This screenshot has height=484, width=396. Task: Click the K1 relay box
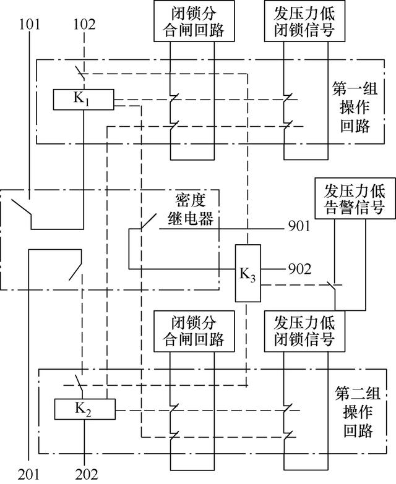click(84, 100)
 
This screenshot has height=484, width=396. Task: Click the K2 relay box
click(85, 409)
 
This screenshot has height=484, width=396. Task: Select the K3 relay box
click(248, 273)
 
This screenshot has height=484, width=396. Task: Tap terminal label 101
click(30, 24)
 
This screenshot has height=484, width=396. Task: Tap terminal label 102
click(84, 24)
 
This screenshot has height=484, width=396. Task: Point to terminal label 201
click(28, 475)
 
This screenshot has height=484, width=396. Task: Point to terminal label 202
click(87, 475)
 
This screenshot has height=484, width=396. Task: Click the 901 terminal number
click(299, 226)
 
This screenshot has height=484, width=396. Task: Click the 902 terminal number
click(299, 269)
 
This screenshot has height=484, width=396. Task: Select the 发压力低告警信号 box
click(355, 198)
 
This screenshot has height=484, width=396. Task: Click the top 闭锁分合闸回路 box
click(194, 20)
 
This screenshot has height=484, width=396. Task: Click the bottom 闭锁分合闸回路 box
click(194, 331)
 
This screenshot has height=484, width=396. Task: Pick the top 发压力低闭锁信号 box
click(304, 20)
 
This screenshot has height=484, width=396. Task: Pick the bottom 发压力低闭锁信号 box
click(304, 331)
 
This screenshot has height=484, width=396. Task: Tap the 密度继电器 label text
click(191, 210)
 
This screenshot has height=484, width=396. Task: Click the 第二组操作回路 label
click(358, 412)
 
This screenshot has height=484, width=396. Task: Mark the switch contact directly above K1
click(80, 72)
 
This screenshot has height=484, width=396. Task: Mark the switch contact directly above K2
click(79, 383)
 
